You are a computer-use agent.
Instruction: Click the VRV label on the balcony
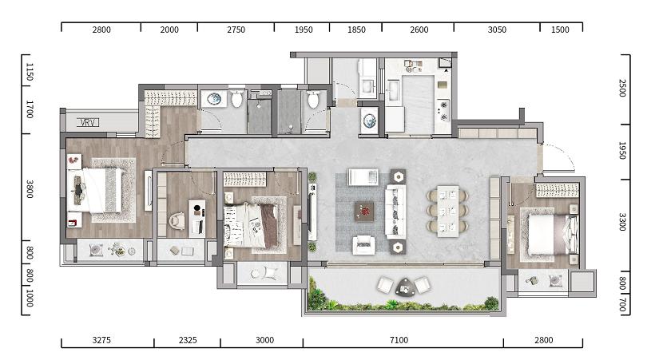tap(88, 122)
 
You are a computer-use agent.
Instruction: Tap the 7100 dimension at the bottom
tap(399, 340)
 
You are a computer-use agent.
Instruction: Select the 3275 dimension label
tap(101, 340)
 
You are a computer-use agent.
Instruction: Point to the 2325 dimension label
tap(188, 340)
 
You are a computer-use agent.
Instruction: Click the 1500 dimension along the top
tap(560, 30)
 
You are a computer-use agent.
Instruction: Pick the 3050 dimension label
tap(497, 30)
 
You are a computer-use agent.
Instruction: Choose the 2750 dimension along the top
tap(236, 30)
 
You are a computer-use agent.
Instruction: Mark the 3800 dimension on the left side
tap(30, 188)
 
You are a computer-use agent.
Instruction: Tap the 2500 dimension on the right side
tap(622, 88)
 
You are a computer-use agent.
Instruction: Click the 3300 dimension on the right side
tap(622, 222)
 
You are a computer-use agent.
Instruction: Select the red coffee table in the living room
tap(364, 211)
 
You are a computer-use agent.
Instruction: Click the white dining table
tap(448, 211)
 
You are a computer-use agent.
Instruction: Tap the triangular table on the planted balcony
tap(404, 287)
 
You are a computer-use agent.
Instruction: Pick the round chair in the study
tap(177, 220)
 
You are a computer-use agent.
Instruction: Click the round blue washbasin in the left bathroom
tap(214, 99)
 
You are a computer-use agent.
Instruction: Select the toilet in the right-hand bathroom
tap(313, 99)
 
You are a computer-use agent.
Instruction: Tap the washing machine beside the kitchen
tap(369, 121)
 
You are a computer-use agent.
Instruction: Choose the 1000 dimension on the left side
tap(30, 298)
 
